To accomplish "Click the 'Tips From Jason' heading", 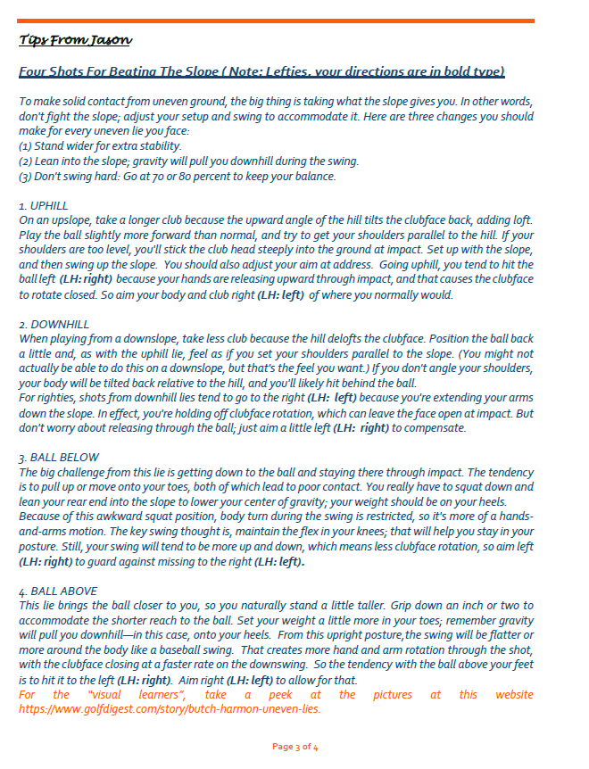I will point(76,40).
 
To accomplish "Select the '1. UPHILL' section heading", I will point(44,205).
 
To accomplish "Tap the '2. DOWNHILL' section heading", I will point(54,324).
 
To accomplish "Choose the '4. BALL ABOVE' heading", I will point(58,591).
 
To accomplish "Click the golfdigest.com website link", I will point(170,709).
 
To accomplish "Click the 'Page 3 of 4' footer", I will point(294,746).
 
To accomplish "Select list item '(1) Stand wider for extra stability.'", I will point(100,145).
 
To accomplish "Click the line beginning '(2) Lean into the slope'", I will point(188,161).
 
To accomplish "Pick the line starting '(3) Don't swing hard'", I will point(178,176).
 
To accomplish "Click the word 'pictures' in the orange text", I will point(393,695).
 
